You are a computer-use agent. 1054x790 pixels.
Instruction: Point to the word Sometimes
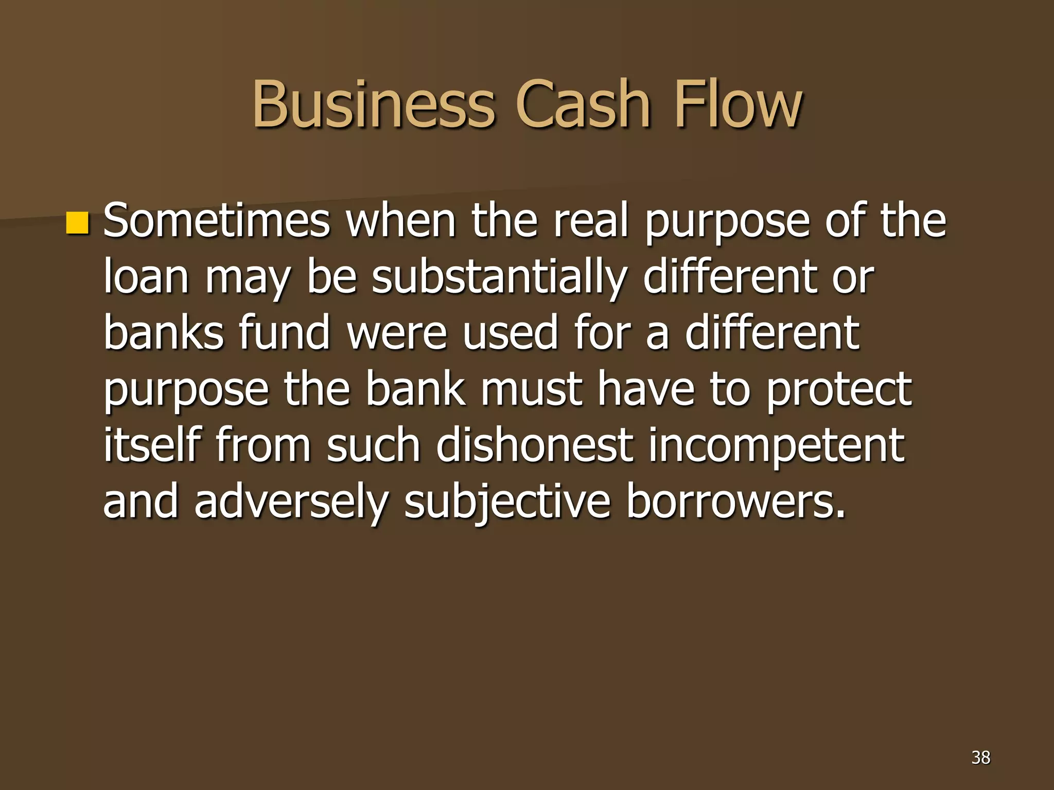pyautogui.click(x=216, y=221)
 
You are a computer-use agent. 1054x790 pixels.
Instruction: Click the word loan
pyautogui.click(x=146, y=277)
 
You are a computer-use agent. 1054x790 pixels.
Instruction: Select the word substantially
pyautogui.click(x=499, y=277)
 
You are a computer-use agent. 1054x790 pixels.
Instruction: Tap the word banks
pyautogui.click(x=164, y=333)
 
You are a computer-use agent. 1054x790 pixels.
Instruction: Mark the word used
pyautogui.click(x=510, y=333)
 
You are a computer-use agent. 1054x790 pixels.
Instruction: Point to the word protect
pyautogui.click(x=838, y=389)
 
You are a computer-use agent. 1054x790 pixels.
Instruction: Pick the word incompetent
pyautogui.click(x=776, y=444)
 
